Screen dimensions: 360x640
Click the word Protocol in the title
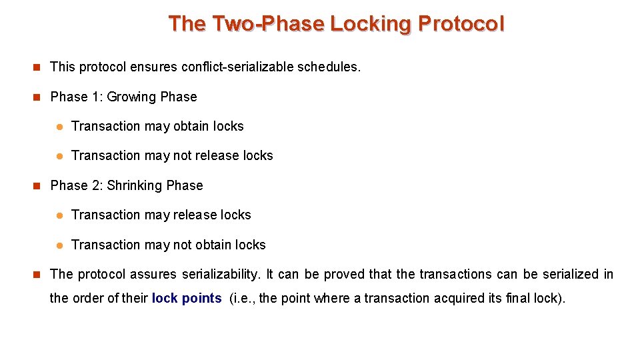click(x=461, y=24)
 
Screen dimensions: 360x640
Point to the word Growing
click(x=131, y=97)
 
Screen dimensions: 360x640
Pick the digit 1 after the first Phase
click(x=95, y=97)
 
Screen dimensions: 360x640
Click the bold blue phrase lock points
click(x=187, y=298)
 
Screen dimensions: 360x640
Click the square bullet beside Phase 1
click(x=37, y=97)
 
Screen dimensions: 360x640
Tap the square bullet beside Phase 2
click(x=37, y=186)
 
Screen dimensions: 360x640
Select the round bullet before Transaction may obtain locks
click(x=59, y=127)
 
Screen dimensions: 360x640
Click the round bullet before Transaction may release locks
click(x=59, y=215)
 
